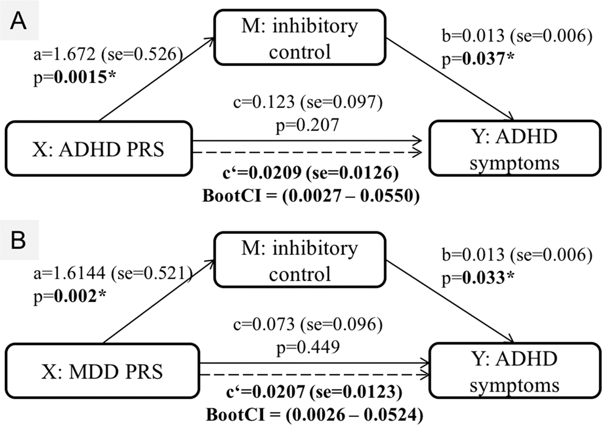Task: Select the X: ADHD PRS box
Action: coord(97,149)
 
